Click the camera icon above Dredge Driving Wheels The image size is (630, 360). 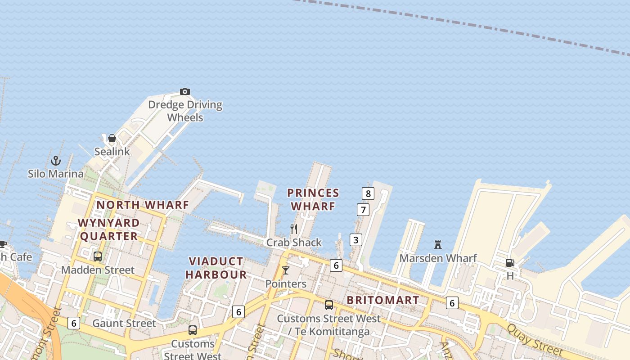[x=184, y=92]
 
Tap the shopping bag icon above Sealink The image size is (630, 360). [x=112, y=138]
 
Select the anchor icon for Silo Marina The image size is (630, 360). [x=55, y=161]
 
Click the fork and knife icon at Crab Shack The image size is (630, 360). [x=294, y=229]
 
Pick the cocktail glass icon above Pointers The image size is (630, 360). [x=286, y=270]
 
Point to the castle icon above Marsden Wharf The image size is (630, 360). [x=438, y=245]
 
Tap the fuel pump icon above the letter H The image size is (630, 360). [x=510, y=263]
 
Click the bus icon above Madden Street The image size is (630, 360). [x=98, y=256]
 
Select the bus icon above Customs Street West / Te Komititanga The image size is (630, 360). [x=329, y=305]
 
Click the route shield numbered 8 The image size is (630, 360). [x=368, y=194]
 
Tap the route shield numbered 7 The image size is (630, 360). [x=363, y=210]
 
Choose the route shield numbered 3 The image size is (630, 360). [x=356, y=240]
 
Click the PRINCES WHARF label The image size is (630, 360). [x=313, y=200]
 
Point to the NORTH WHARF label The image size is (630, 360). [x=143, y=205]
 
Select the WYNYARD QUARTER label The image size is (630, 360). [x=108, y=229]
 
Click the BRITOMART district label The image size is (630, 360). [x=383, y=300]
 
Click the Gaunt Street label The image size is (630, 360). [x=124, y=323]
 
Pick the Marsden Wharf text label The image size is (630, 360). [x=438, y=258]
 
